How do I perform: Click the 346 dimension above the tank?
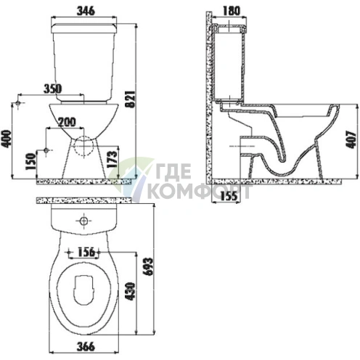(x=86, y=11)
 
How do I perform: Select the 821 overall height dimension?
(x=131, y=99)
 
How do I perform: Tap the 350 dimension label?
(x=53, y=89)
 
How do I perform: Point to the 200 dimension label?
(x=67, y=122)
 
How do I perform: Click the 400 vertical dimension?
(x=6, y=139)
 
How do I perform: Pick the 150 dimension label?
(x=30, y=161)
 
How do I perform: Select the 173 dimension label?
(x=112, y=160)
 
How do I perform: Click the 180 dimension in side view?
(x=231, y=11)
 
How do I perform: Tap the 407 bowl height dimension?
(x=351, y=139)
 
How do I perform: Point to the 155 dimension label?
(x=229, y=196)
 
